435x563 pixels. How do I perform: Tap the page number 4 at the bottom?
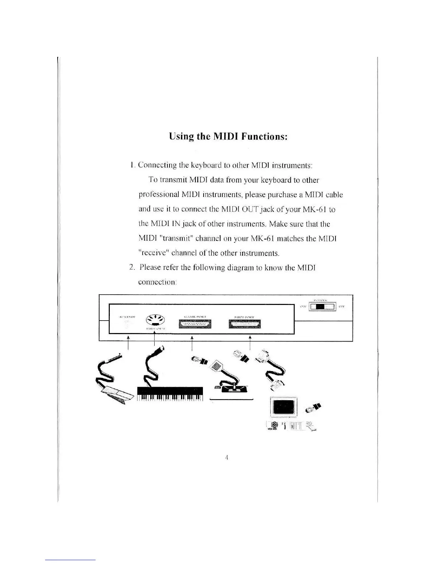226,457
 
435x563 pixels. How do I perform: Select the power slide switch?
323,306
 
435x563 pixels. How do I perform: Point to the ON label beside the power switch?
303,306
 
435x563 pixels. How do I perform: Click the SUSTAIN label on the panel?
127,316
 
